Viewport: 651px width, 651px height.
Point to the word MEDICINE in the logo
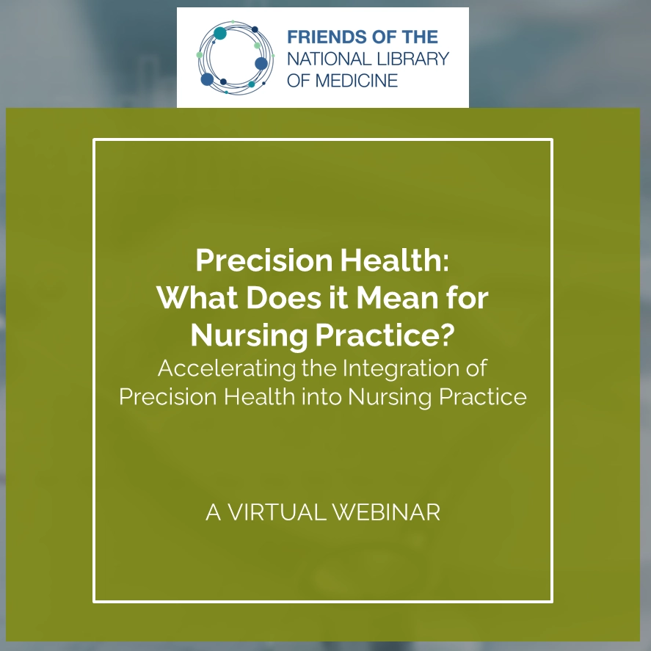point(357,79)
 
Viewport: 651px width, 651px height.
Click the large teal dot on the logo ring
point(220,34)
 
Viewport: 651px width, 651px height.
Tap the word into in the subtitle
point(319,396)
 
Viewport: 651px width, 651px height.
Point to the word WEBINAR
point(386,512)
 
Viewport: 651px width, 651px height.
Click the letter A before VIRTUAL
point(214,512)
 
